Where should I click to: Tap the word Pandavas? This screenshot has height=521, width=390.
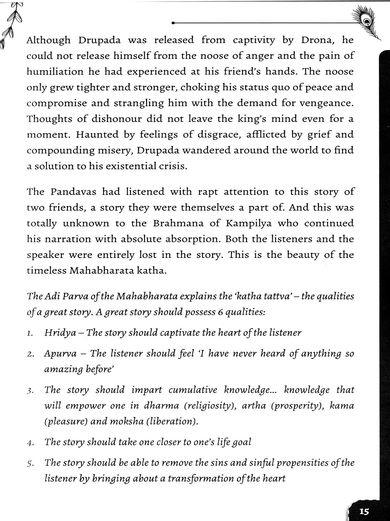(x=73, y=192)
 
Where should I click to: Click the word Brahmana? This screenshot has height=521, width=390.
(x=178, y=224)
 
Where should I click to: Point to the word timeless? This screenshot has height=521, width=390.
(x=47, y=271)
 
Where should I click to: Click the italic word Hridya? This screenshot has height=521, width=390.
(x=60, y=333)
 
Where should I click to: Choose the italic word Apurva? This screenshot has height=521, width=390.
(x=60, y=354)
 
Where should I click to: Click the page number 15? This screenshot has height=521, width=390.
(x=364, y=511)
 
